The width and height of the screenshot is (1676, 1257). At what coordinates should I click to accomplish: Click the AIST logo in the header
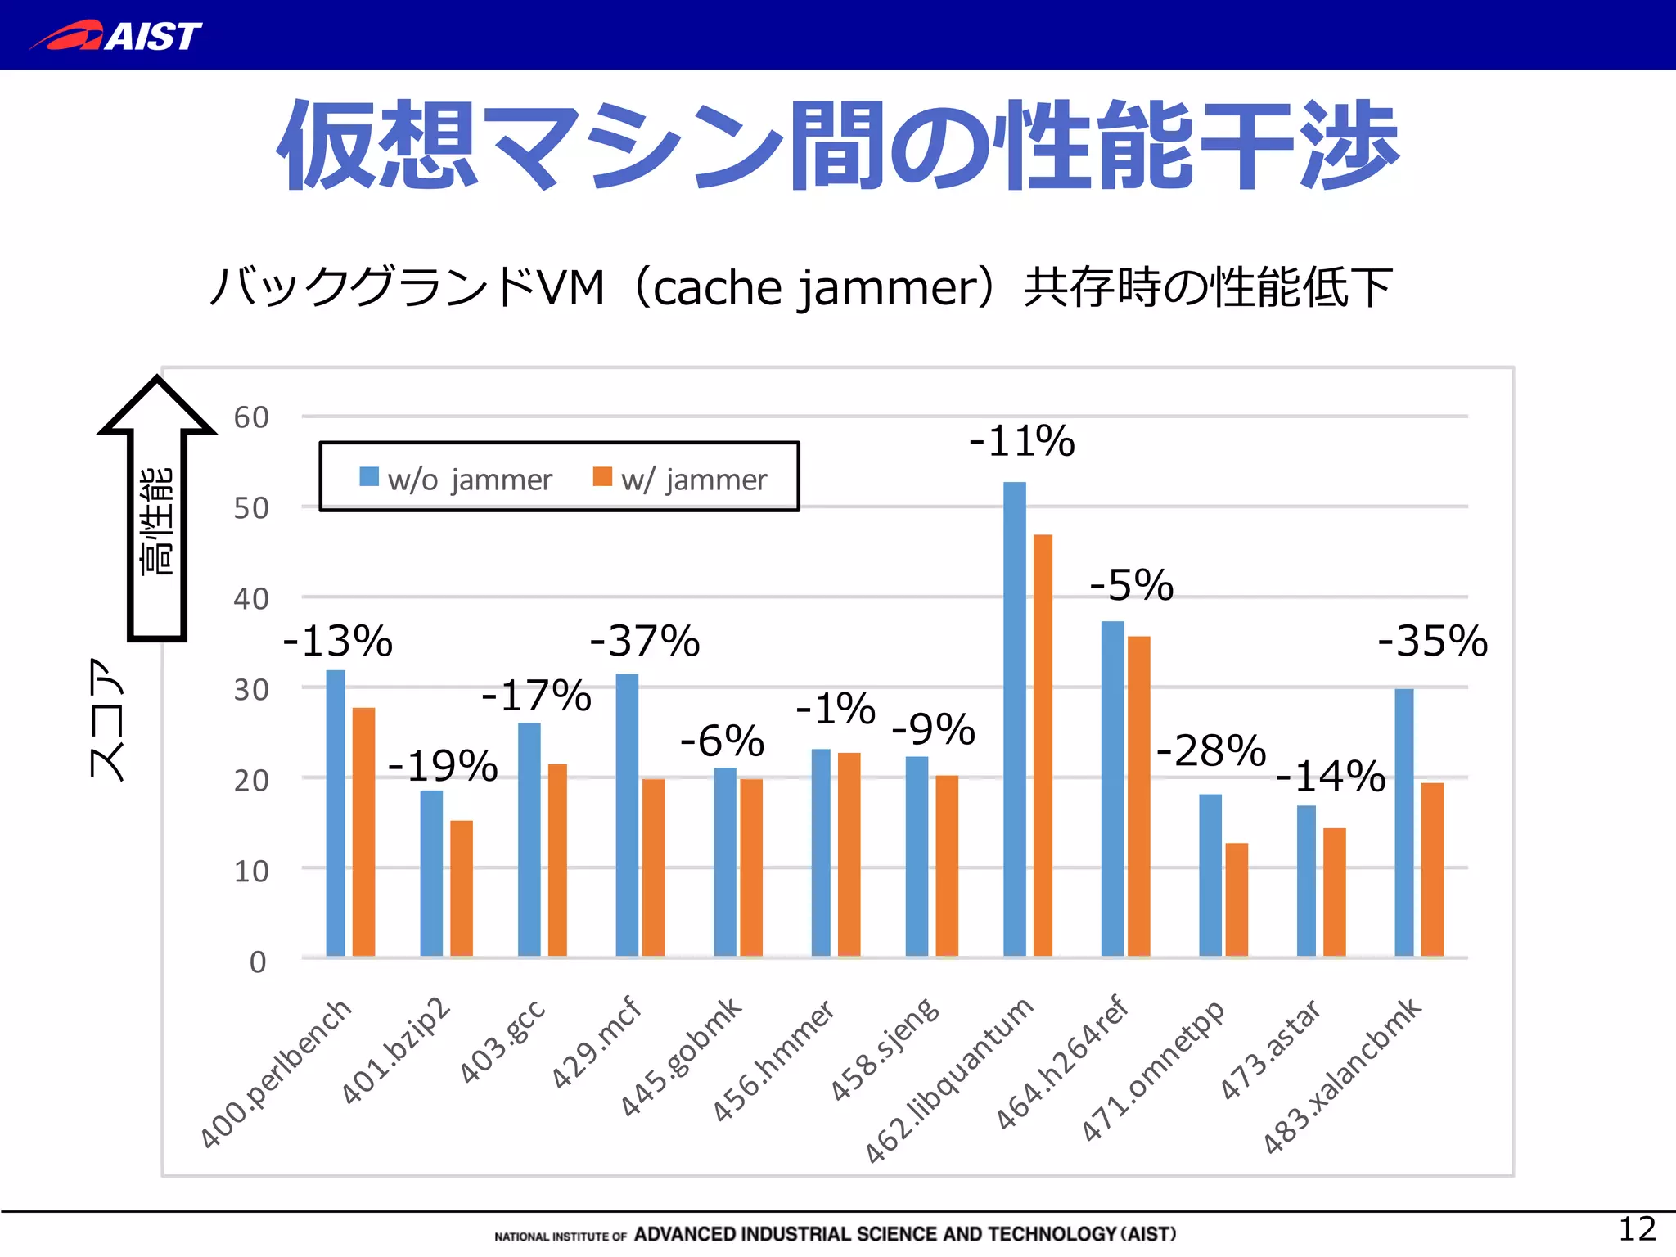pyautogui.click(x=116, y=36)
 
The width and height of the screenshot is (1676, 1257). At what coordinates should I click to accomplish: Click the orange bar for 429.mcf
pyautogui.click(x=653, y=867)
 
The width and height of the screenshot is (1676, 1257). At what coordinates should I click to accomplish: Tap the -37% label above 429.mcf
pyautogui.click(x=645, y=641)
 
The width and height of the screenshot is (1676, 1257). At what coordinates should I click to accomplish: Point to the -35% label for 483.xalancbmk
pyautogui.click(x=1432, y=641)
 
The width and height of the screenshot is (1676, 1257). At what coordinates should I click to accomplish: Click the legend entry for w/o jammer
pyautogui.click(x=456, y=479)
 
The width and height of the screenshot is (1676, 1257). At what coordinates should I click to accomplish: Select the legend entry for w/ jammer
pyautogui.click(x=680, y=479)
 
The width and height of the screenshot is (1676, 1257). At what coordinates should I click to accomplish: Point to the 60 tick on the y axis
pyautogui.click(x=251, y=417)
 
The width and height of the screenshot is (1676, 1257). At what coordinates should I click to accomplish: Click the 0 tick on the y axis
pyautogui.click(x=257, y=962)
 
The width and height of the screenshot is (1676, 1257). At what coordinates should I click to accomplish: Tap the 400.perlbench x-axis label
pyautogui.click(x=276, y=1074)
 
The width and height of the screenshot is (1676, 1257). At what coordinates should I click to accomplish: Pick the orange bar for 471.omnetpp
pyautogui.click(x=1237, y=899)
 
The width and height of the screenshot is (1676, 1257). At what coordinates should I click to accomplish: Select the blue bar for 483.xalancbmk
pyautogui.click(x=1403, y=822)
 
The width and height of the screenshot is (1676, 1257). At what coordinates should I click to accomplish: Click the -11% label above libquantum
pyautogui.click(x=1021, y=441)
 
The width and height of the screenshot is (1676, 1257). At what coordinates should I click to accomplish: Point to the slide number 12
pyautogui.click(x=1637, y=1229)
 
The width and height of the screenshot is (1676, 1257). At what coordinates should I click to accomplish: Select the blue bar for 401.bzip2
pyautogui.click(x=431, y=873)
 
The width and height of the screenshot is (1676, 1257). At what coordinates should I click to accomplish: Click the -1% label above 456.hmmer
pyautogui.click(x=835, y=709)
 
